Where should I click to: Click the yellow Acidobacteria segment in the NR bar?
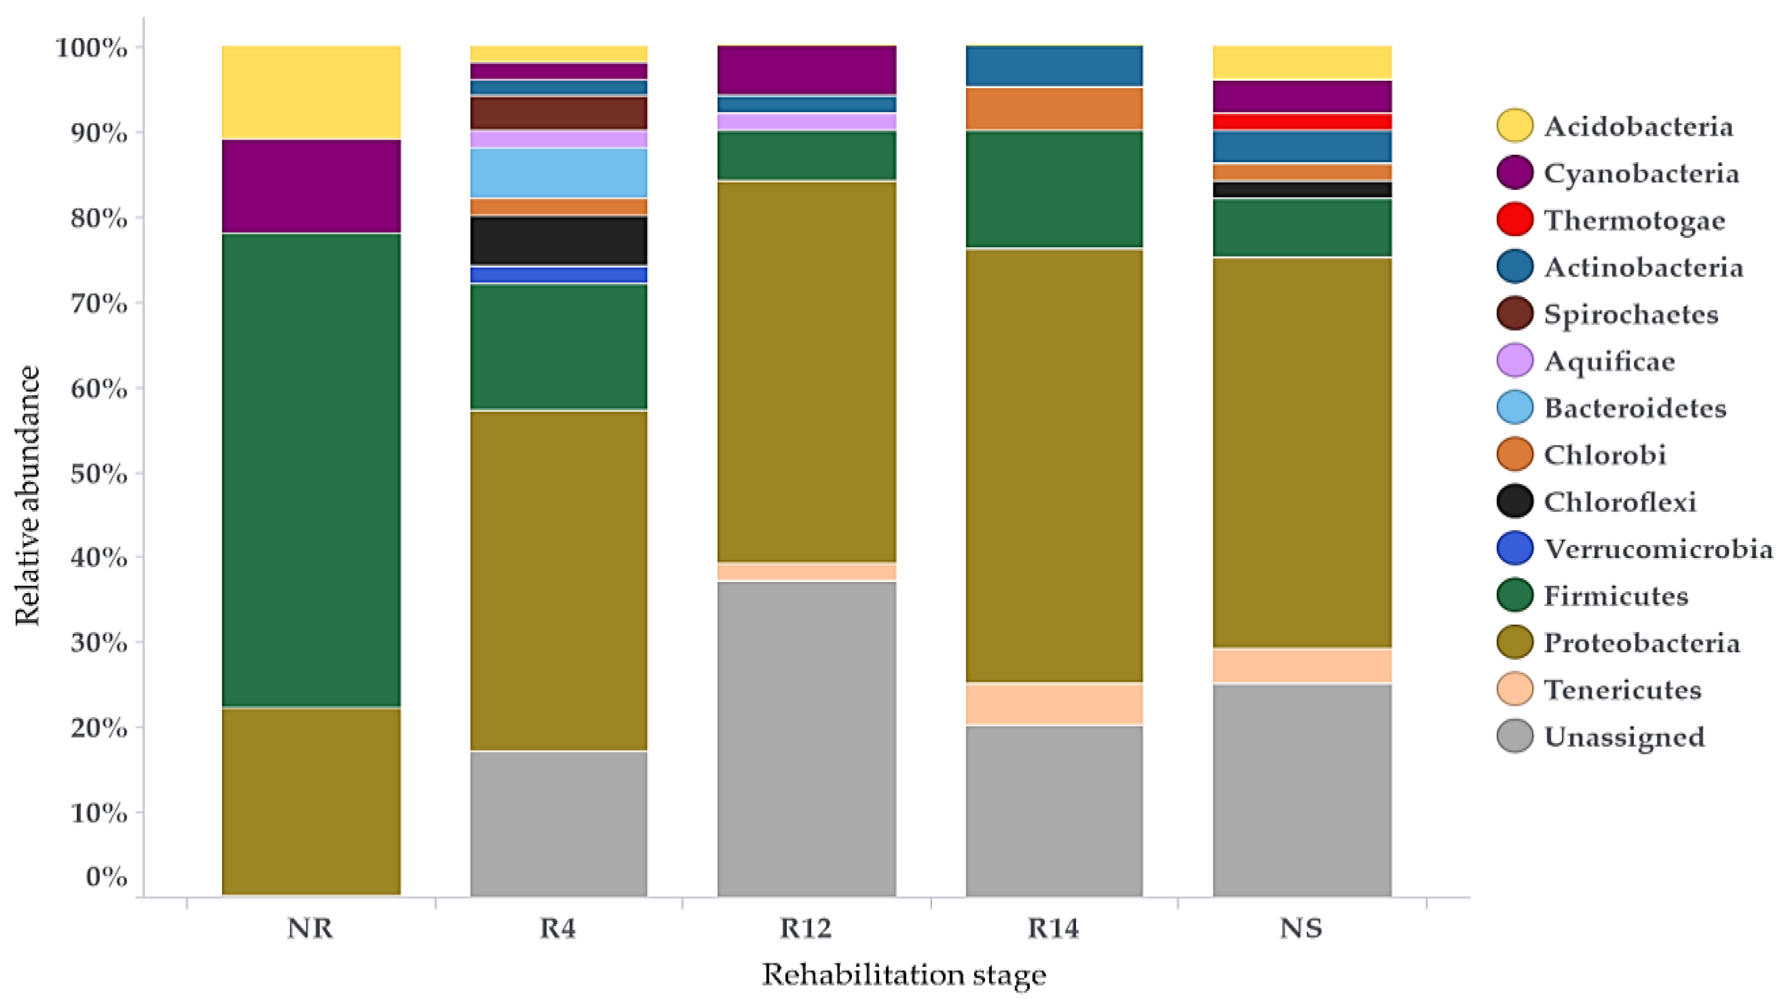pyautogui.click(x=311, y=92)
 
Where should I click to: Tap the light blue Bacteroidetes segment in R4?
pyautogui.click(x=558, y=173)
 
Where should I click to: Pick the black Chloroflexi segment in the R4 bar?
pyautogui.click(x=558, y=240)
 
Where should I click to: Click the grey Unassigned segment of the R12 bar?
pyautogui.click(x=807, y=738)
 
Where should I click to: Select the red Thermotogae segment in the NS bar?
pyautogui.click(x=1302, y=122)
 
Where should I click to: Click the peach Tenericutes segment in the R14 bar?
pyautogui.click(x=1054, y=704)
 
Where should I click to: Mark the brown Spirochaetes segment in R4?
pyautogui.click(x=558, y=113)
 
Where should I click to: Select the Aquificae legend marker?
pyautogui.click(x=1514, y=361)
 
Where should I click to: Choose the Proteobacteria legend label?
pyautogui.click(x=1641, y=643)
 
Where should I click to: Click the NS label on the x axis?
pyautogui.click(x=1301, y=928)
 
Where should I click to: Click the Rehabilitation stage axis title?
pyautogui.click(x=904, y=975)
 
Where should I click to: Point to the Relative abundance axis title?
pyautogui.click(x=28, y=496)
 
